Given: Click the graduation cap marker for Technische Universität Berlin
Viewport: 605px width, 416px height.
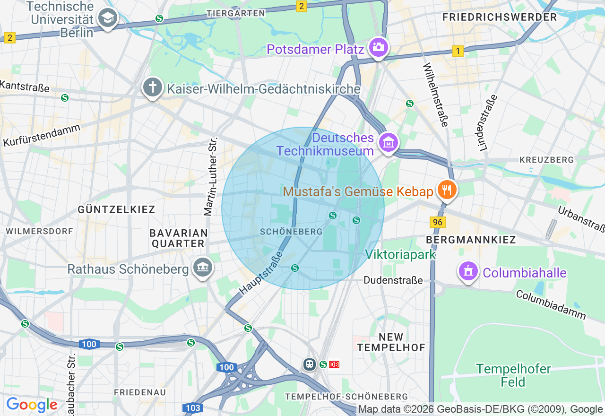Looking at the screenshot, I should (x=107, y=19).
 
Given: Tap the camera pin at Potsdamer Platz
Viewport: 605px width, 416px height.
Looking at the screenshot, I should (x=378, y=47).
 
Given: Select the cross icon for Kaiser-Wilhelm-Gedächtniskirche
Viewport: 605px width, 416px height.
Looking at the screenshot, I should (x=152, y=87).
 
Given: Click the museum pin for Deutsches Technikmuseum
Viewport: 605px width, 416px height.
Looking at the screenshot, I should (x=389, y=142).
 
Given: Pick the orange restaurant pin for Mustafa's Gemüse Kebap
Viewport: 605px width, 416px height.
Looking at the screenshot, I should (x=446, y=190).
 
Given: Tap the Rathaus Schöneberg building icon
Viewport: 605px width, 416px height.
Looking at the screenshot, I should (x=203, y=268).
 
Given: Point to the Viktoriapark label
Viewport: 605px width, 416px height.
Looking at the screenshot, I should (x=400, y=254).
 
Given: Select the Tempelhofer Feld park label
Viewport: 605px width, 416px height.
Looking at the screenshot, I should (x=513, y=375).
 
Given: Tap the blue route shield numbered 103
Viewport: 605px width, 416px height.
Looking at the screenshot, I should (x=193, y=407).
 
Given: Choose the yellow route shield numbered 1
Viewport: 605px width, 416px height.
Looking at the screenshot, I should (x=458, y=51).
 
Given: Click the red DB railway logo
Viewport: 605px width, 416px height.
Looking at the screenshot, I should (x=334, y=364).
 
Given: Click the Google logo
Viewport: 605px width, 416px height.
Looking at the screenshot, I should (x=32, y=405).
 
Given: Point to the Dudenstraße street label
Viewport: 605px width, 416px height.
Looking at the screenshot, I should (x=393, y=280).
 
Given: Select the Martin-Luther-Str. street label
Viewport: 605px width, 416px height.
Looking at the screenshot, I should (x=210, y=177).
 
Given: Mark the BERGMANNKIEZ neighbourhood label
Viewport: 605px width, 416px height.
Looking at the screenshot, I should (x=471, y=240).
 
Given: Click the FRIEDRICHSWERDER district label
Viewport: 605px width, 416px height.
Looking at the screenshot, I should (x=500, y=17).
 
